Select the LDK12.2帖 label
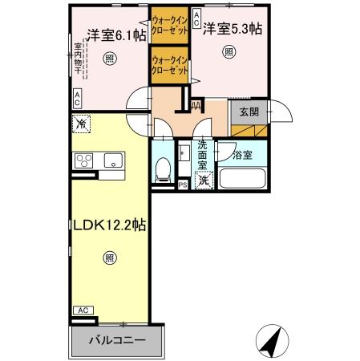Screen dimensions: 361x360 tap(109, 225)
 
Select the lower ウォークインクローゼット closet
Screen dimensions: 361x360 tap(169, 64)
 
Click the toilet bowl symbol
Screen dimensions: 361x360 tap(163, 169)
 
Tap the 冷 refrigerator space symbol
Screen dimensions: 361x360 tap(82, 124)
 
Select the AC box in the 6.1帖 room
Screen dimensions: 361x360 tap(77, 99)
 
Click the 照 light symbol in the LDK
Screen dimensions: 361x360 tap(108, 258)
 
